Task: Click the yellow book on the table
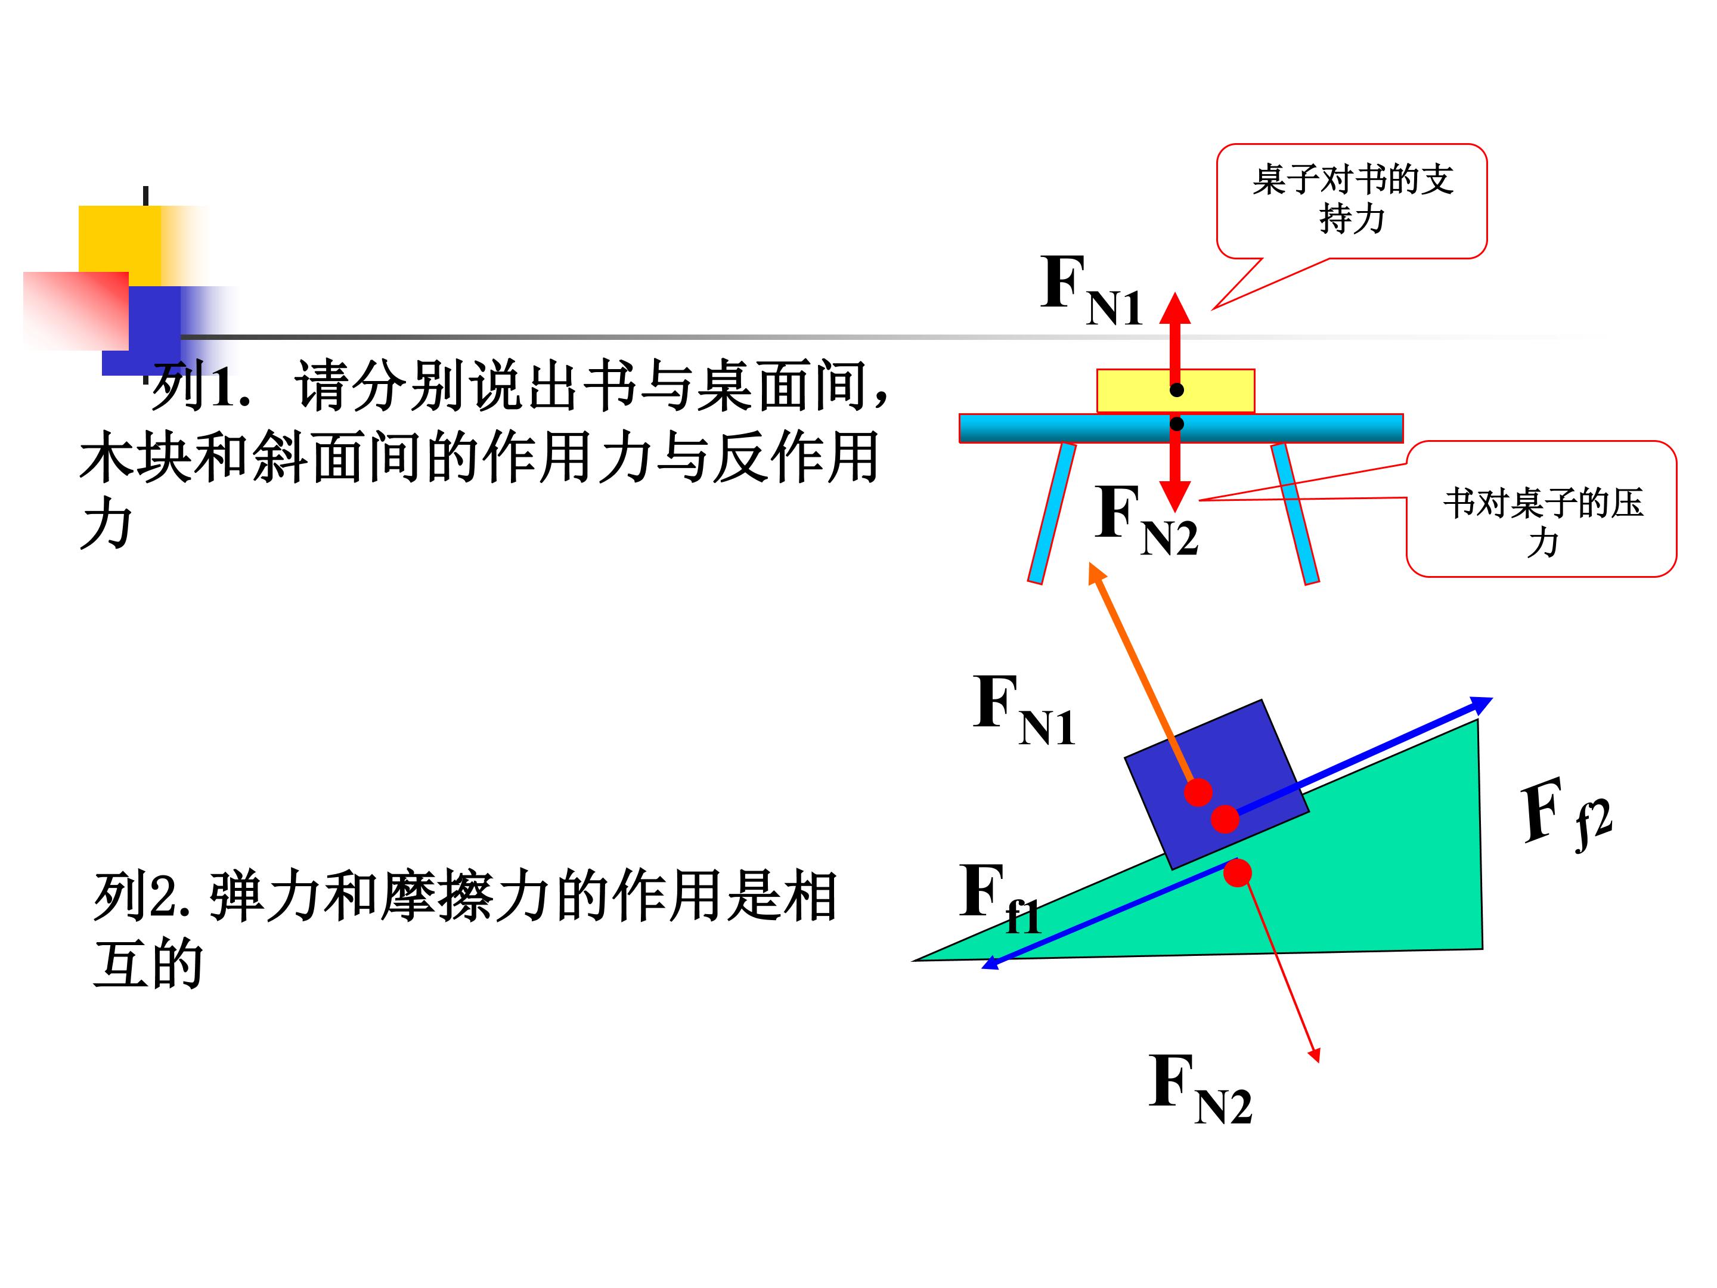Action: (1175, 391)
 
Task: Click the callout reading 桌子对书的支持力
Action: (1352, 200)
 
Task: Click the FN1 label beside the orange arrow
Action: (1024, 709)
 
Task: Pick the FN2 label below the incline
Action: (1200, 1088)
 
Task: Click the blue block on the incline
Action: (1217, 784)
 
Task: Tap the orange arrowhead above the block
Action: (1097, 575)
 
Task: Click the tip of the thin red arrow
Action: (1319, 1061)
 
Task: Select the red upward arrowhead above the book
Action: (1175, 308)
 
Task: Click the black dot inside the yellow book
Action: (1177, 390)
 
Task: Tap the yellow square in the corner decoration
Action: (120, 239)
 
